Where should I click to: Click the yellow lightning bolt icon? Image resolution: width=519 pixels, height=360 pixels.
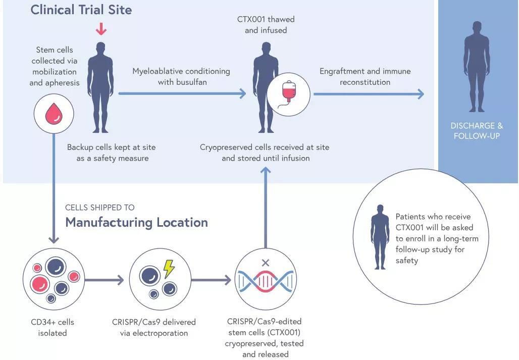coord(169,268)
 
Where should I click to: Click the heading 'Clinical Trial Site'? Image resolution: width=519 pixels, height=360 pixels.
coord(81,10)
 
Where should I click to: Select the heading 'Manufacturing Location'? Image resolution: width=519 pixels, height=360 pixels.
coord(136,222)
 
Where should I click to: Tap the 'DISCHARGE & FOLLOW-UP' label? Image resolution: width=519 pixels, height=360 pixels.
coord(476,131)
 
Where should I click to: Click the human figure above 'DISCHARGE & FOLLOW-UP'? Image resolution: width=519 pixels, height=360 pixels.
coord(477,66)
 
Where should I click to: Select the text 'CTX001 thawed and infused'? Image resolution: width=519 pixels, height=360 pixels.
coord(266,25)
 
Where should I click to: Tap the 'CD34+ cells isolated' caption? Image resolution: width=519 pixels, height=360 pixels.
coord(53,327)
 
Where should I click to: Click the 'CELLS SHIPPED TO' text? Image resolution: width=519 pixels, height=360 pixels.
coord(100,208)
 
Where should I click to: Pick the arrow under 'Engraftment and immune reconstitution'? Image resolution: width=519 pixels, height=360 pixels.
coord(369,94)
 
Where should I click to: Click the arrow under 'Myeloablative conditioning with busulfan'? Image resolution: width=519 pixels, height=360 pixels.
coord(182,93)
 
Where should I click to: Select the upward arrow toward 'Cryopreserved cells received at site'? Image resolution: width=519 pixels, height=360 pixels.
coord(266,202)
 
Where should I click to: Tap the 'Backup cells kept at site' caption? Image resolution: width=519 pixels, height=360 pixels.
coord(112,152)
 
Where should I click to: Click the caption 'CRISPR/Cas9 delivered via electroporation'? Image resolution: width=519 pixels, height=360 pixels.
coord(154,327)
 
